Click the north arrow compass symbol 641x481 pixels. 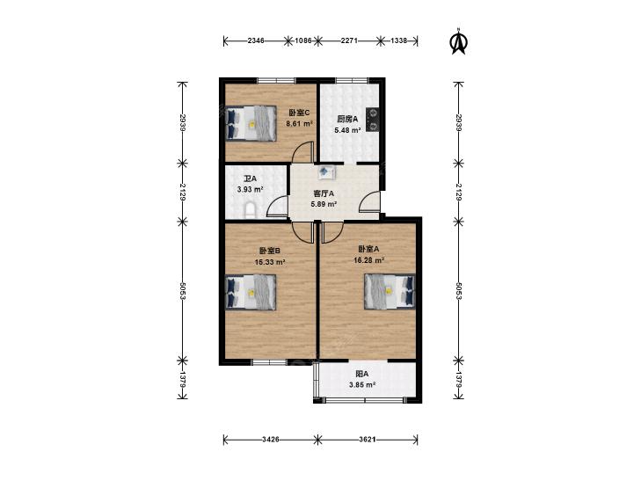(459, 41)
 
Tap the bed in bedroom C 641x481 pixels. (251, 123)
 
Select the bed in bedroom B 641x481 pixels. (251, 292)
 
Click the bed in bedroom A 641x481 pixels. (390, 291)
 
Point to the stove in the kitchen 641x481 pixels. (373, 120)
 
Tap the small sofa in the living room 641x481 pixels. (326, 171)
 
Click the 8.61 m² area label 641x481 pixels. (300, 123)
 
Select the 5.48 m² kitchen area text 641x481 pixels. (347, 130)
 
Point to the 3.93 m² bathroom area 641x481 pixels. (250, 189)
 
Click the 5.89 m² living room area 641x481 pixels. (324, 204)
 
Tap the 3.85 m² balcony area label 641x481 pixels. (362, 384)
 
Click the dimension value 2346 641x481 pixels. (256, 40)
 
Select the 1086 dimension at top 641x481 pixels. (303, 40)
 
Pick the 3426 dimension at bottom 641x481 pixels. (271, 440)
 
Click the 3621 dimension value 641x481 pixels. (368, 440)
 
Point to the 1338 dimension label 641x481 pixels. (399, 40)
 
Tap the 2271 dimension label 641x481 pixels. (350, 40)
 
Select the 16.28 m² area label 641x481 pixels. (368, 260)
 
